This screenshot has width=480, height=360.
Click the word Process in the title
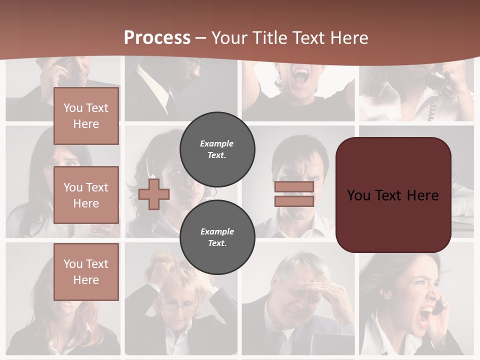pyautogui.click(x=157, y=37)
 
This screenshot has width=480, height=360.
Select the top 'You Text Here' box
pyautogui.click(x=86, y=116)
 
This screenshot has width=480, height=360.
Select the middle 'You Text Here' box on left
pyautogui.click(x=86, y=195)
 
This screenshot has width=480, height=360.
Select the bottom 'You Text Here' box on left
pyautogui.click(x=86, y=271)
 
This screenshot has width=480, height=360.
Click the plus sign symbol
pyautogui.click(x=153, y=194)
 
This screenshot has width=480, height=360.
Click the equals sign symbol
pyautogui.click(x=294, y=194)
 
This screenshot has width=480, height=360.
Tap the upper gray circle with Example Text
pyautogui.click(x=217, y=149)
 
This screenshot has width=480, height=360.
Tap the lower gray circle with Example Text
pyautogui.click(x=217, y=237)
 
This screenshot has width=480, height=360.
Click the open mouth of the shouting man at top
pyautogui.click(x=300, y=76)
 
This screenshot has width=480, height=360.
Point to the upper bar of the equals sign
pyautogui.click(x=294, y=186)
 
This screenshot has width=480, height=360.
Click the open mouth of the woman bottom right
pyautogui.click(x=426, y=315)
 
